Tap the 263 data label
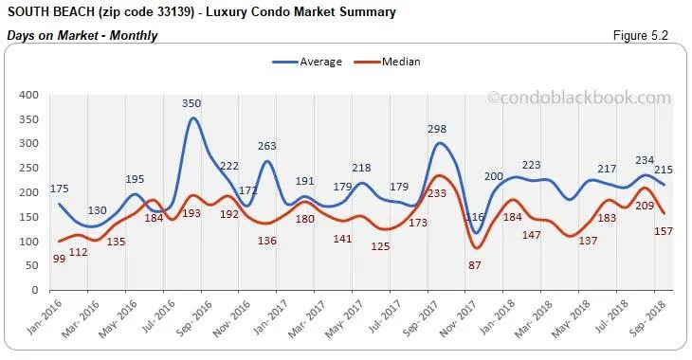[268, 147]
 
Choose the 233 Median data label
[438, 192]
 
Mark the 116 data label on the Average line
[477, 218]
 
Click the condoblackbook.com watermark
[579, 97]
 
